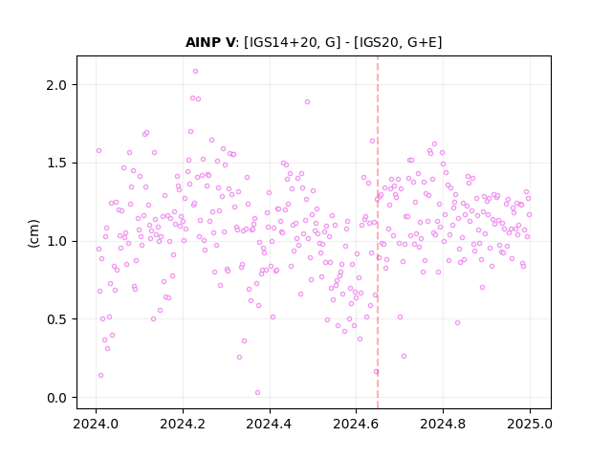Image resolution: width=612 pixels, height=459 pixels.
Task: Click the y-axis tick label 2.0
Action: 56,85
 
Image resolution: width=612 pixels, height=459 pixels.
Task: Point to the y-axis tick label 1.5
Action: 56,164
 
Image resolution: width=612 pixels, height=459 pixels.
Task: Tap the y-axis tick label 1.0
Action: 56,241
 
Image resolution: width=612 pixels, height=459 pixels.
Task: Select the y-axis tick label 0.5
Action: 56,319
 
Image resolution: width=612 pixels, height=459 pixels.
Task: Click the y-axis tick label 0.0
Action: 56,398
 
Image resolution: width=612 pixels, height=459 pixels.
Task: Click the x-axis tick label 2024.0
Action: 96,424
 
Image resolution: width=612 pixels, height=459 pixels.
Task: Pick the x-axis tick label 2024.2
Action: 183,424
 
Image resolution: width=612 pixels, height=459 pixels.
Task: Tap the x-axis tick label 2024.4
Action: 270,424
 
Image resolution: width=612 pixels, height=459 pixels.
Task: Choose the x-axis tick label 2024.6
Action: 356,424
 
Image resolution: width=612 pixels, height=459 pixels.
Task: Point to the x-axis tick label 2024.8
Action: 443,424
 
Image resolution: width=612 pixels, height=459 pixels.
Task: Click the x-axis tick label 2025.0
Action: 530,424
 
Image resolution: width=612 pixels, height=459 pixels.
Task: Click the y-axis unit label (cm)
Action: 34,233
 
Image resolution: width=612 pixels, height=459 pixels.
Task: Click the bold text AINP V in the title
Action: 210,42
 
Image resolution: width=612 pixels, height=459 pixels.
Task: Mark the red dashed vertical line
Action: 378,232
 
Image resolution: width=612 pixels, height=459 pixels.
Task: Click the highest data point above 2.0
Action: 195,72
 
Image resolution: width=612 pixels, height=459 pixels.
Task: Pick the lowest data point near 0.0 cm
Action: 257,393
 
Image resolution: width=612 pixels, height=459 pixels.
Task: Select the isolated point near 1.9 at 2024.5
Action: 308,102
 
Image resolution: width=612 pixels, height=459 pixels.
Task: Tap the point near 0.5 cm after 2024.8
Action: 457,323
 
